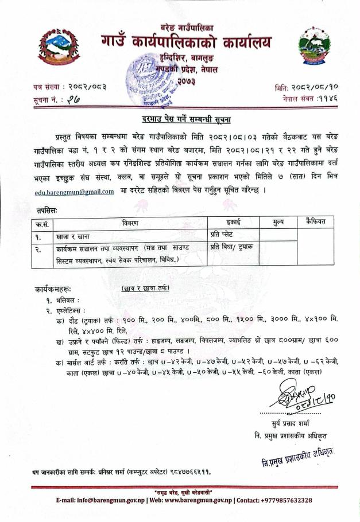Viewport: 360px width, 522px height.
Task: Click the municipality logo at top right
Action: (x=314, y=46)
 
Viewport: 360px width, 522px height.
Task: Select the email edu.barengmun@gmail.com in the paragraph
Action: (x=73, y=192)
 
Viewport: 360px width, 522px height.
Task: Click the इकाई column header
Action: (x=224, y=222)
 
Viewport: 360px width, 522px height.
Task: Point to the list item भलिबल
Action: (x=66, y=300)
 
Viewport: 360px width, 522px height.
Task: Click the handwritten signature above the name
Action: (x=292, y=398)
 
